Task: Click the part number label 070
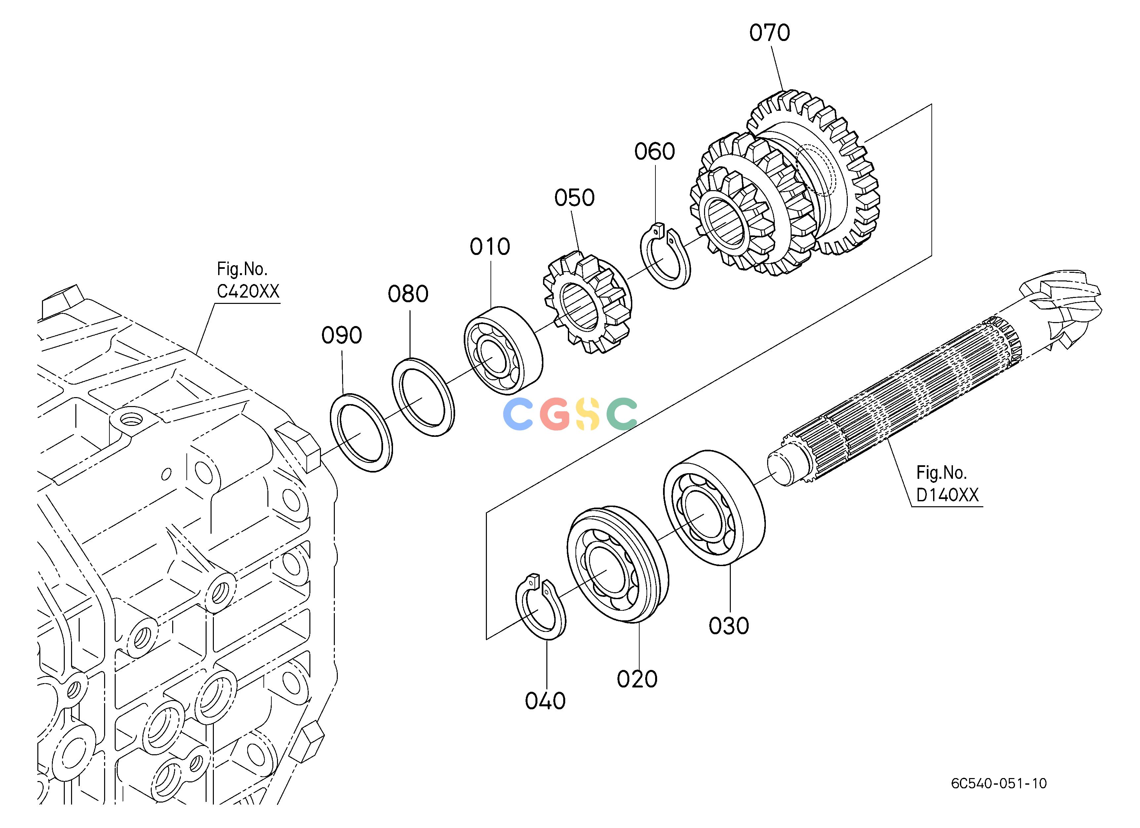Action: (769, 33)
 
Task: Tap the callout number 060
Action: (654, 152)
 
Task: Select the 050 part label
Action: (574, 198)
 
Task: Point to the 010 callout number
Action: (490, 247)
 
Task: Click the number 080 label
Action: (408, 294)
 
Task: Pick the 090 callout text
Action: (342, 335)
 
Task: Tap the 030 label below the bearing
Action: (729, 626)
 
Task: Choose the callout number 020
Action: (637, 680)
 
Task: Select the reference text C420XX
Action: (248, 292)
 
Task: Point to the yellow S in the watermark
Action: (588, 414)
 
